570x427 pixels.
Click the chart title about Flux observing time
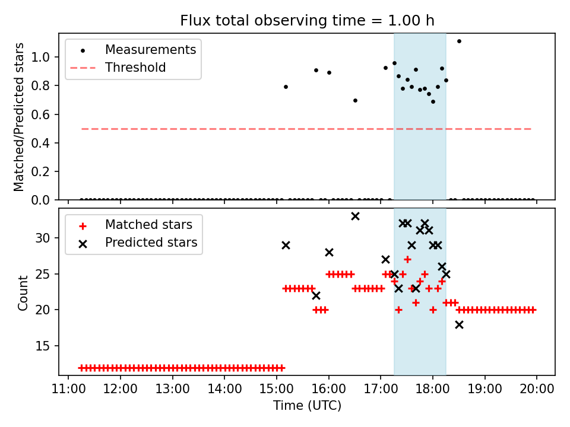307,21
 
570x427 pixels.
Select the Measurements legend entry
150,50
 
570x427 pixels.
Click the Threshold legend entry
135,68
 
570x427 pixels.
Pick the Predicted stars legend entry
151,243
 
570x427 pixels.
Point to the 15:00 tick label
277,389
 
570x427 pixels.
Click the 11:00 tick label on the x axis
68,389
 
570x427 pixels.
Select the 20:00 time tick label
537,389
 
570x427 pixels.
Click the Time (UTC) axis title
307,406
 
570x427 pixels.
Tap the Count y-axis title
23,292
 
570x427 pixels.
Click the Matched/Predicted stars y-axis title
20,117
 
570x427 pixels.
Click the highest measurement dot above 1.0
459,41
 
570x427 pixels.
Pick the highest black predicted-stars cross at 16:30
355,216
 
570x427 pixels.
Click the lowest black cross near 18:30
459,324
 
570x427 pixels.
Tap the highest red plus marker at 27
407,259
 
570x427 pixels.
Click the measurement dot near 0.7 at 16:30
355,100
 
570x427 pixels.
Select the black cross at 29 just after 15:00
286,245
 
